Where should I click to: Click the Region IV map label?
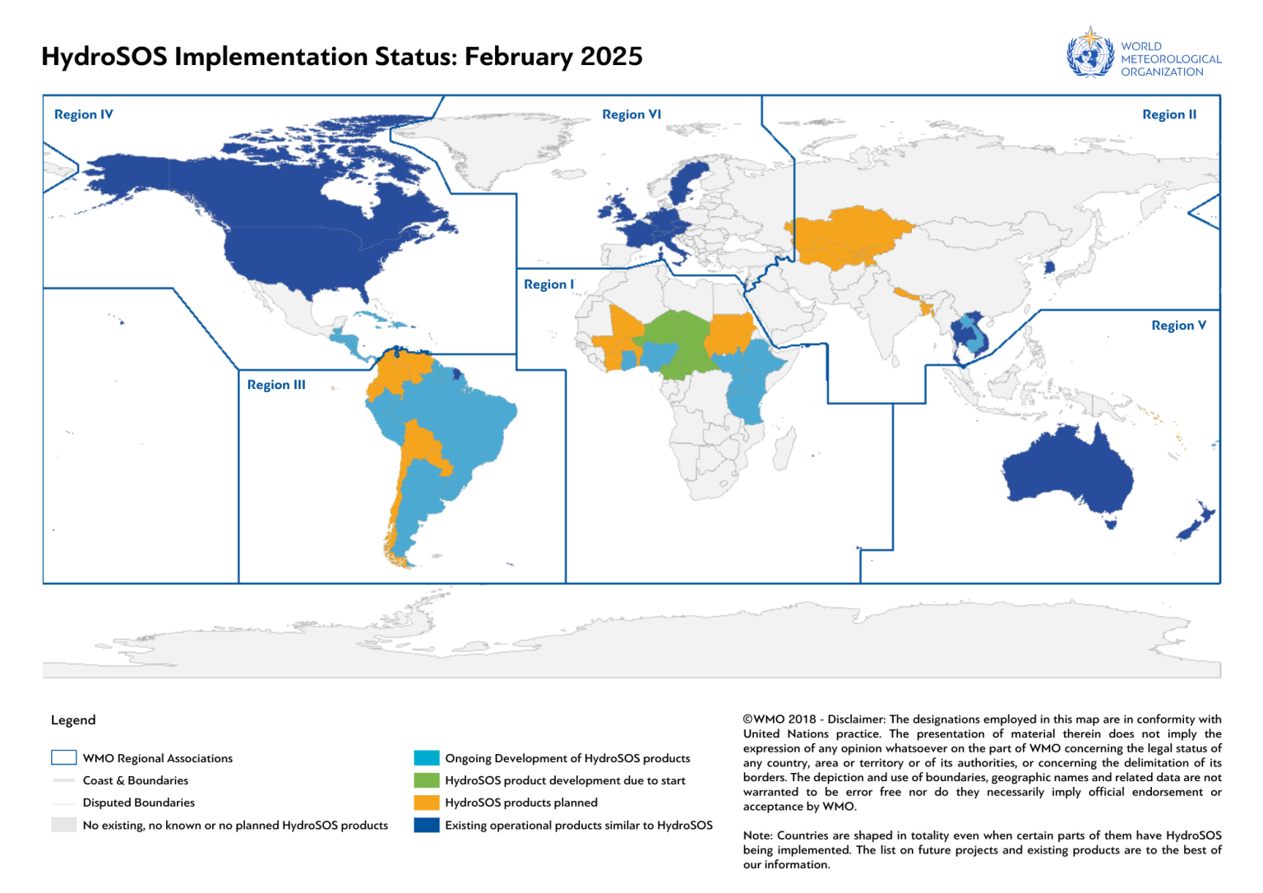(83, 114)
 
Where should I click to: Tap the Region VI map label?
(631, 114)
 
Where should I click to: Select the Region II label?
(1168, 114)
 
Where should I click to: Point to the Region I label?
(548, 285)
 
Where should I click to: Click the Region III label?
(276, 385)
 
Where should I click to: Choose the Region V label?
(1178, 326)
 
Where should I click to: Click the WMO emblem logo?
(1090, 53)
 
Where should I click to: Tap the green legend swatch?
(427, 780)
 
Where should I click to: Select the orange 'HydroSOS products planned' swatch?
(427, 803)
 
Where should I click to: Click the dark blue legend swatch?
(427, 825)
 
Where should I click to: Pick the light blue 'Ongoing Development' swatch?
(427, 758)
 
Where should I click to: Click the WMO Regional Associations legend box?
(63, 757)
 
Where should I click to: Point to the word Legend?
(73, 720)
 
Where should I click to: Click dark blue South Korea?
(1048, 267)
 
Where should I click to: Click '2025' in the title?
(611, 57)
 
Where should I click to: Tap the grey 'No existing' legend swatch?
(63, 825)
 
